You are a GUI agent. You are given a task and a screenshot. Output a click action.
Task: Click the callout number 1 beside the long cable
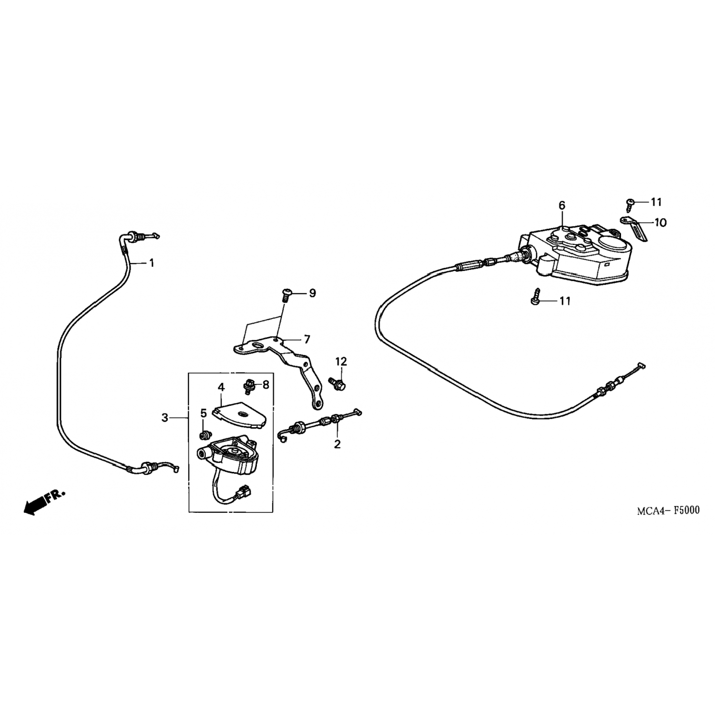(152, 263)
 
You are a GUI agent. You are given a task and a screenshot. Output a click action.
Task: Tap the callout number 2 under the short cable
(337, 444)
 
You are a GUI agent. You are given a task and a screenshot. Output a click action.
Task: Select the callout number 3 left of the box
(165, 418)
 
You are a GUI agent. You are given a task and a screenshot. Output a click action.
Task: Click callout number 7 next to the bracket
(307, 339)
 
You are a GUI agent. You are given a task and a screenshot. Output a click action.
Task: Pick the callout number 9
(312, 293)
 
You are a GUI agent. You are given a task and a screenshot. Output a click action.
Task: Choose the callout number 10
(661, 222)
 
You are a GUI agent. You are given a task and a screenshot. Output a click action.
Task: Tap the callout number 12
(341, 361)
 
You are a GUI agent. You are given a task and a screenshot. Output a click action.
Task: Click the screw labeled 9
(286, 295)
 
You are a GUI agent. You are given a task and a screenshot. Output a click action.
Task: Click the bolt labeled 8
(249, 385)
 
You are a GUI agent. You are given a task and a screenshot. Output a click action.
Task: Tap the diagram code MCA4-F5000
(669, 511)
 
